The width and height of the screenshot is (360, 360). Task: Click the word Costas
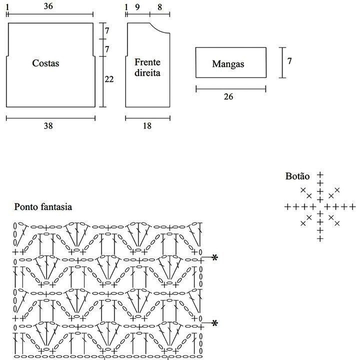point(45,63)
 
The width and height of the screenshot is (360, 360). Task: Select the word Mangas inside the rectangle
point(228,64)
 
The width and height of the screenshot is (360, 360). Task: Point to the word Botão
point(297,176)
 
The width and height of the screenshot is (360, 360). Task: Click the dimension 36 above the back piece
point(48,6)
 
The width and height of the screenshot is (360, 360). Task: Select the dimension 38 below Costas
point(48,126)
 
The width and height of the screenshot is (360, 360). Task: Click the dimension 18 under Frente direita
point(147,126)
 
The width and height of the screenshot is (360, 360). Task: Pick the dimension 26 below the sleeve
point(228,96)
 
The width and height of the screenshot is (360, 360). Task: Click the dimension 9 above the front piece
point(137,6)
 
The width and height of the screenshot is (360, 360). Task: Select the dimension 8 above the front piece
point(159,6)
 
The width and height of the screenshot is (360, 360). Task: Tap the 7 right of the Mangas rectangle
point(289,61)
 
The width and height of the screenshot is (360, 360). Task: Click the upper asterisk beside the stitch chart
point(215,258)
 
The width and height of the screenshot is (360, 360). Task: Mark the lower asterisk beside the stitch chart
point(215,323)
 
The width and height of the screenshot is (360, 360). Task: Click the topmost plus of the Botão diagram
point(320,175)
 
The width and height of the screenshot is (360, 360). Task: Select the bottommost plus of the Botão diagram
point(320,239)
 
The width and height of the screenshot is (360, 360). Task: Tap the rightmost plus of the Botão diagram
point(352,206)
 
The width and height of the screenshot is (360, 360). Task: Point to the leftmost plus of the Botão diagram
point(287,206)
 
